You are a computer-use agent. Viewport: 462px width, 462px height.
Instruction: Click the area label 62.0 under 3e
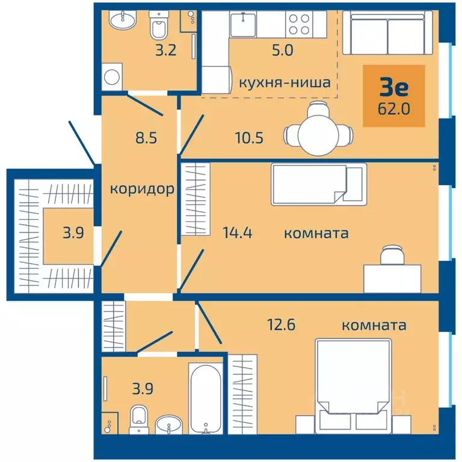(x=393, y=109)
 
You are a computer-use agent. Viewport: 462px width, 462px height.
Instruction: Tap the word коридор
(x=142, y=189)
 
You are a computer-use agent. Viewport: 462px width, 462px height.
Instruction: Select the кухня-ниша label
(x=285, y=82)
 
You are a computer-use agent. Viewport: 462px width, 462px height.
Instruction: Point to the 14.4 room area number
(x=238, y=232)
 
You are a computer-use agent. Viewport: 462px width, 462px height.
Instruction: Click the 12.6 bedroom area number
(x=281, y=325)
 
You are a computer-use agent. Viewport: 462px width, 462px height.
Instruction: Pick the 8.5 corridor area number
(x=146, y=138)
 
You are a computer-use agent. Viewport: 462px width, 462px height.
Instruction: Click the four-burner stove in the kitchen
(x=299, y=25)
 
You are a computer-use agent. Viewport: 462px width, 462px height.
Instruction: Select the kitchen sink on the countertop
(x=243, y=24)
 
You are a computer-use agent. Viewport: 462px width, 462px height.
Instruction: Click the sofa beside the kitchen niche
(x=388, y=32)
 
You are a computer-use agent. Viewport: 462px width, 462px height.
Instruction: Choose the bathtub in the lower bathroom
(x=205, y=398)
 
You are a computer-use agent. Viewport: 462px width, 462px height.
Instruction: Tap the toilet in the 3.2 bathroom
(x=159, y=25)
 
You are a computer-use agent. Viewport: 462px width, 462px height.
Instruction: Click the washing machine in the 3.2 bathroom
(x=112, y=77)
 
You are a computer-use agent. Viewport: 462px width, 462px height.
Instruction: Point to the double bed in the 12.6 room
(x=353, y=386)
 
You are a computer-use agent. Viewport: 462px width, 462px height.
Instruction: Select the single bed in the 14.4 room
(x=319, y=185)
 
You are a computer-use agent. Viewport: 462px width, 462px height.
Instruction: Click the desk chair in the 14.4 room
(x=392, y=254)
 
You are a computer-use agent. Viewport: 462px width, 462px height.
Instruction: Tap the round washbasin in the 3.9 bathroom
(x=169, y=425)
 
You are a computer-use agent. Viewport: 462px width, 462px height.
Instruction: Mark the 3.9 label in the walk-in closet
(x=73, y=233)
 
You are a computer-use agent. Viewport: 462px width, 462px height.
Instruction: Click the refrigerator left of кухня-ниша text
(x=217, y=80)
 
